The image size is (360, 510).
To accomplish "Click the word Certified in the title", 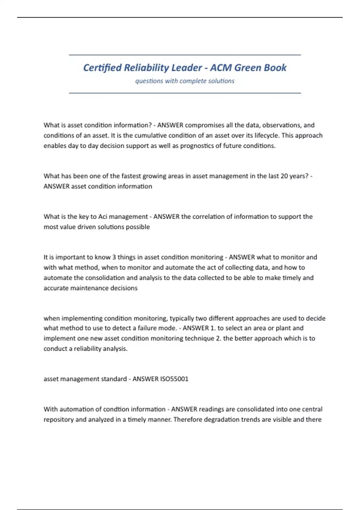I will (102, 68).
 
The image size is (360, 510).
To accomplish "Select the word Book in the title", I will (275, 68).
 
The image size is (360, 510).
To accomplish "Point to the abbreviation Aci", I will (103, 217).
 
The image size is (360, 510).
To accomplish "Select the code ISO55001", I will (174, 379).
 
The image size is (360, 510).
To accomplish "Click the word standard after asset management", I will (114, 379).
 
